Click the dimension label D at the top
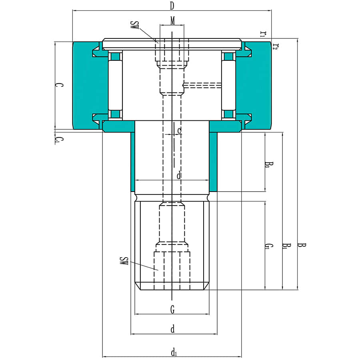click(172, 6)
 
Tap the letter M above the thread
click(172, 20)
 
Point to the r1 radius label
click(263, 34)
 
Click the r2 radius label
click(275, 46)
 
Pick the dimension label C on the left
click(58, 85)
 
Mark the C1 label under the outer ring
click(58, 140)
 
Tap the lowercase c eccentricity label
click(179, 130)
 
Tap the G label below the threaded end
click(172, 309)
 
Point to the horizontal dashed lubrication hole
click(202, 85)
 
